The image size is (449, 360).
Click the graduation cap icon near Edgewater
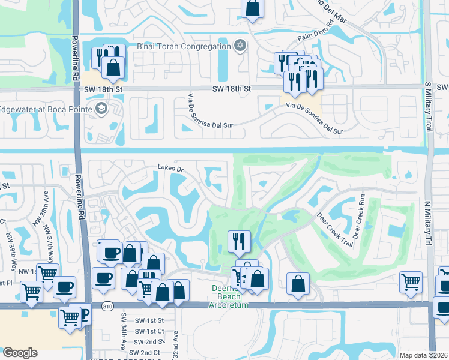point(101,109)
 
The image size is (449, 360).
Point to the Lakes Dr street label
point(170,168)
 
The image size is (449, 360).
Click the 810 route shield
point(107,307)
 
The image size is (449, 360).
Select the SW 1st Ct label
point(150,331)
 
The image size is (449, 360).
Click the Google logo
point(20,352)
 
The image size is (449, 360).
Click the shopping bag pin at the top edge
point(253,8)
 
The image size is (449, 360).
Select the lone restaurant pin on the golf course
point(239,241)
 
